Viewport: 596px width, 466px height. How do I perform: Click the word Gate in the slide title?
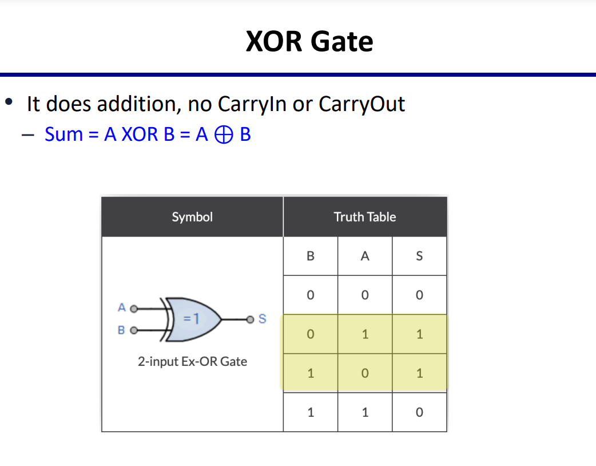341,41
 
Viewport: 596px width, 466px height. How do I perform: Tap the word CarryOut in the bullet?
361,104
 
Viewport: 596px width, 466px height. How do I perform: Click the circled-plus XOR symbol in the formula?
224,135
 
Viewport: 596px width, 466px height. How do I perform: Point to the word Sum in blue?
64,135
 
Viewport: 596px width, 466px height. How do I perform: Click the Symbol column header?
192,217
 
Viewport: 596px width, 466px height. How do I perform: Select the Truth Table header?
365,217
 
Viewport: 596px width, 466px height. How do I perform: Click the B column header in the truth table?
311,256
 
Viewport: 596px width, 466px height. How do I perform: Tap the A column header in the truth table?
365,256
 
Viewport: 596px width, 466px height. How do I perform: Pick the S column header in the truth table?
419,256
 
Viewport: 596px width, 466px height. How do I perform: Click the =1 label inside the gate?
191,318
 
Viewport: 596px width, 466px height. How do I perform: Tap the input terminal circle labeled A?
134,309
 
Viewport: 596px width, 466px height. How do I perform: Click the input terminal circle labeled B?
134,330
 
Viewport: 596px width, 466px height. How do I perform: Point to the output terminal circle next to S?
250,319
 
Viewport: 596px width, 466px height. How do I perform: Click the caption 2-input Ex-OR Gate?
192,361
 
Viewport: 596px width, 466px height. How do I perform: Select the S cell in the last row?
419,412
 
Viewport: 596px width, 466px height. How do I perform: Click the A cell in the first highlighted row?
365,334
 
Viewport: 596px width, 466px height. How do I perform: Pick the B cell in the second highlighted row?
311,373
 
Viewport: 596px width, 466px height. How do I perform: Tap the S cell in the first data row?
419,295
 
